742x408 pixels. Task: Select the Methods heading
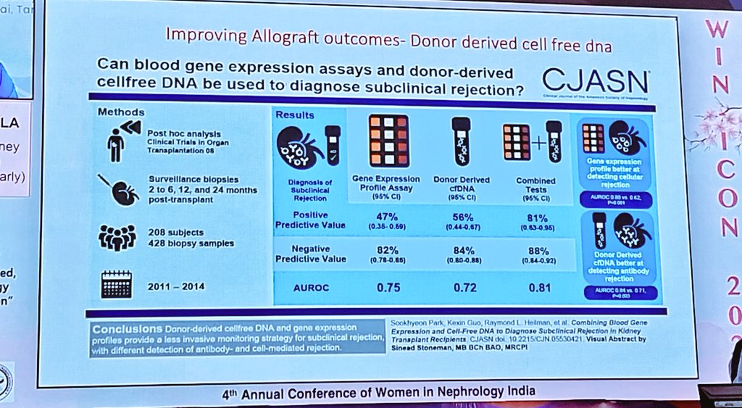120,112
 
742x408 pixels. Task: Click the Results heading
294,115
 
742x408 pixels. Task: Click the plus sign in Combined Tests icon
536,143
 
